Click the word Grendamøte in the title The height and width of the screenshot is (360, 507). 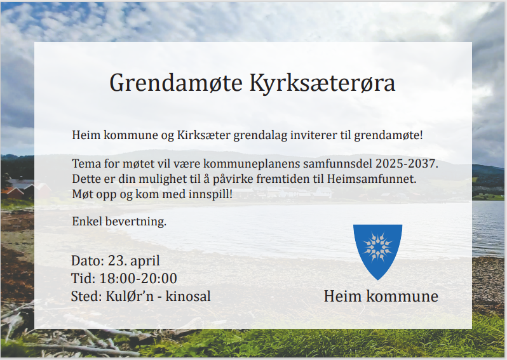click(x=176, y=83)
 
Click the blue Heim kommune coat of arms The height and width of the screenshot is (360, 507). click(x=377, y=252)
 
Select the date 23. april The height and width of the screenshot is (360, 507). click(x=133, y=261)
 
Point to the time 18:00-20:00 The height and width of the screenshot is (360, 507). click(x=138, y=278)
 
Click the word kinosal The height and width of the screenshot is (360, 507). click(x=188, y=296)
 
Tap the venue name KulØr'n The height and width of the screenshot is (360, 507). click(x=130, y=296)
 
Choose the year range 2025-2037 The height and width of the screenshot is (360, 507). click(x=407, y=164)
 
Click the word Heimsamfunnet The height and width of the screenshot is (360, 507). click(x=372, y=178)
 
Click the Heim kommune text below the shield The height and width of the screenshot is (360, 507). click(x=381, y=296)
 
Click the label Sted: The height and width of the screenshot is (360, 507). click(x=86, y=296)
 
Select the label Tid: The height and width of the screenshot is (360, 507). click(x=83, y=278)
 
